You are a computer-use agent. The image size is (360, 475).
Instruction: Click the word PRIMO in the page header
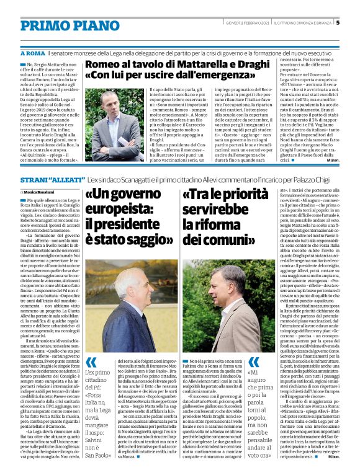[x=32, y=24]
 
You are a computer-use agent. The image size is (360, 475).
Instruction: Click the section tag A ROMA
[x=25, y=54]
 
